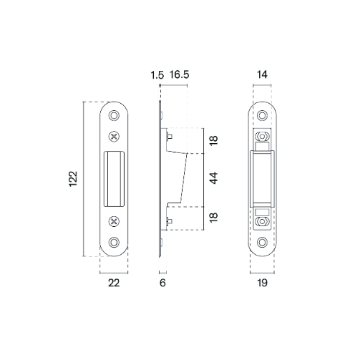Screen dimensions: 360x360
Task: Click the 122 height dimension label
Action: click(x=72, y=178)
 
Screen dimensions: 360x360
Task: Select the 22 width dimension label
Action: click(x=114, y=283)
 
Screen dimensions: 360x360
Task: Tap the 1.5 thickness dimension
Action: click(x=158, y=74)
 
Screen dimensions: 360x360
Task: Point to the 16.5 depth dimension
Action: click(x=180, y=74)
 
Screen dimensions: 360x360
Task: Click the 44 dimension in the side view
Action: click(x=213, y=178)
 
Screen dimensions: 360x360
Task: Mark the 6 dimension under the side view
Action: click(x=162, y=283)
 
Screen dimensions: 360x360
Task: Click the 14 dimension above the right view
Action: click(x=263, y=74)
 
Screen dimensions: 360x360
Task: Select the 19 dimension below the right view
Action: click(x=263, y=283)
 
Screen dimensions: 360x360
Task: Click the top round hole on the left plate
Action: click(x=115, y=115)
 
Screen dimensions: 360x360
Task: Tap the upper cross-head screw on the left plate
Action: click(x=115, y=136)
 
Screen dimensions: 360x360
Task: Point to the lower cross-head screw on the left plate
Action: click(x=115, y=221)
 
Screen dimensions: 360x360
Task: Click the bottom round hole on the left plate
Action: click(x=115, y=243)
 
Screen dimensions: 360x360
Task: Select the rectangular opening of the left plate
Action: click(x=115, y=178)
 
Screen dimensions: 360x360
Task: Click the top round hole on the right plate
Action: click(x=263, y=115)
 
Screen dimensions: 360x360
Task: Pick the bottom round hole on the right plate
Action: click(x=263, y=243)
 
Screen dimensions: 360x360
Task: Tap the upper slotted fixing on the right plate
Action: click(x=263, y=136)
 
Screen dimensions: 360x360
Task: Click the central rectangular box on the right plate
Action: click(x=263, y=178)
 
